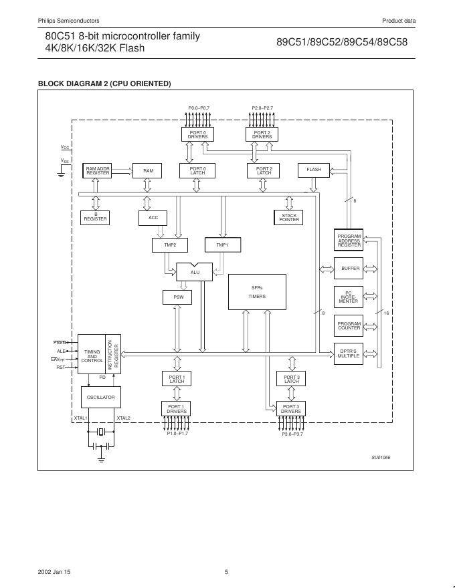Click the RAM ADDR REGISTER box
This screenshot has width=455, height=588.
pyautogui.click(x=98, y=170)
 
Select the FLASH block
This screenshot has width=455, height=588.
pyautogui.click(x=314, y=170)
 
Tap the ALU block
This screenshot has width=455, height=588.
pyautogui.click(x=195, y=272)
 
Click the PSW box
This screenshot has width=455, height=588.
pyautogui.click(x=178, y=296)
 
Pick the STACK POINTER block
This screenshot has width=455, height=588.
pyautogui.click(x=289, y=217)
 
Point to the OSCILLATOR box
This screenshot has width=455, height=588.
pyautogui.click(x=101, y=397)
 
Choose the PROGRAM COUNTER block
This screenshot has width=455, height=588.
pyautogui.click(x=349, y=325)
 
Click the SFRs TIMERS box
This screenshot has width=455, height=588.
pyautogui.click(x=257, y=292)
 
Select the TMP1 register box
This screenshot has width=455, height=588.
pyautogui.click(x=221, y=245)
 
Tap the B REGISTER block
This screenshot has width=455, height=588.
pyautogui.click(x=95, y=217)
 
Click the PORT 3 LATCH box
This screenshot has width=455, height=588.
pyautogui.click(x=291, y=379)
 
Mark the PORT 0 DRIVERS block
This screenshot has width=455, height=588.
pyautogui.click(x=197, y=134)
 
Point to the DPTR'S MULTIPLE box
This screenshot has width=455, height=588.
pyautogui.click(x=349, y=353)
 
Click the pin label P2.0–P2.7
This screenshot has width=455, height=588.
pyautogui.click(x=262, y=108)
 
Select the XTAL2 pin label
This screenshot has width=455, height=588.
pyautogui.click(x=124, y=418)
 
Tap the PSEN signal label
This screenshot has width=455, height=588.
pyautogui.click(x=60, y=342)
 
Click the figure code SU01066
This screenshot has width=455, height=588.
pyautogui.click(x=381, y=457)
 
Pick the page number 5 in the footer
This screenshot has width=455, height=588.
pyautogui.click(x=227, y=571)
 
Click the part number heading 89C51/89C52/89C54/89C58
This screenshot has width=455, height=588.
pyautogui.click(x=342, y=41)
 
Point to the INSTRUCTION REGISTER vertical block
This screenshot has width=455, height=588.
pyautogui.click(x=114, y=354)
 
